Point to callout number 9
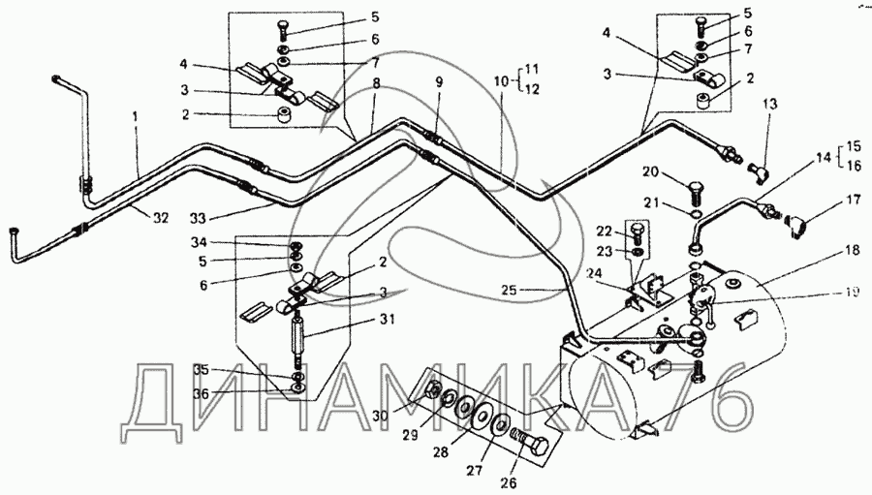click(439, 82)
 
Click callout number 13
click(770, 104)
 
